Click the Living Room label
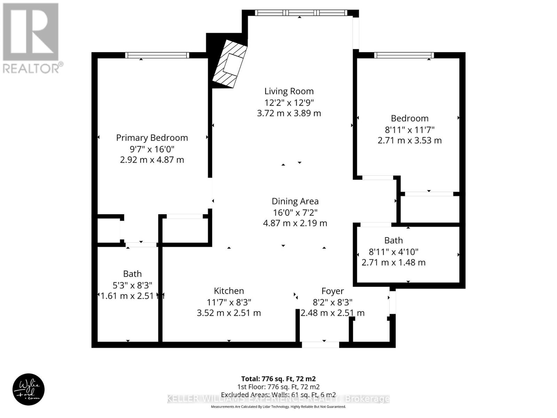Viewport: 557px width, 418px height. (x=289, y=91)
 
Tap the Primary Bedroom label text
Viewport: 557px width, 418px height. (x=152, y=138)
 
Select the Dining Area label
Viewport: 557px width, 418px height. (x=295, y=201)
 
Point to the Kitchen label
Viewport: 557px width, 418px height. (x=229, y=291)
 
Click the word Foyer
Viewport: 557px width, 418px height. (x=332, y=291)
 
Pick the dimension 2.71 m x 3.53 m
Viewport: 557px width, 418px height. (x=409, y=140)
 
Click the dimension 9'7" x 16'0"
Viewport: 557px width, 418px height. (x=152, y=149)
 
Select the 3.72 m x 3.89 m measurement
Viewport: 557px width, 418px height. (x=289, y=113)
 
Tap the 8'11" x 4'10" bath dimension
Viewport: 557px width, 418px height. (x=393, y=251)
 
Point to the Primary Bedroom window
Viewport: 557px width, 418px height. (x=157, y=55)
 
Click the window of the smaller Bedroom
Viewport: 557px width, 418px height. (x=404, y=55)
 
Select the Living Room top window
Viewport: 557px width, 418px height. (x=301, y=13)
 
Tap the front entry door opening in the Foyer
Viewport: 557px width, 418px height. (x=320, y=345)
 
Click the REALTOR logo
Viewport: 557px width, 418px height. (x=31, y=38)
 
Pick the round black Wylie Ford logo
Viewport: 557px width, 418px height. (x=29, y=389)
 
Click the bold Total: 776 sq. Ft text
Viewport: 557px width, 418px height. (x=278, y=379)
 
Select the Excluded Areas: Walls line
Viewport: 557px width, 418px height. (x=278, y=395)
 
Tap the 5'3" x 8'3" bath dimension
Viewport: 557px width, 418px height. (x=132, y=285)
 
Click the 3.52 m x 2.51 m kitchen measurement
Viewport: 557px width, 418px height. (x=229, y=313)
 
